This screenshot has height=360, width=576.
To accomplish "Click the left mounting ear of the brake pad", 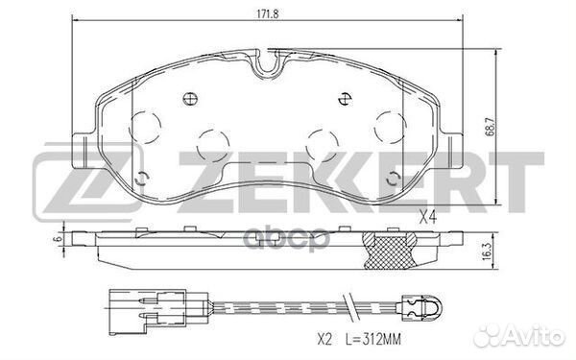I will click(x=84, y=146).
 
